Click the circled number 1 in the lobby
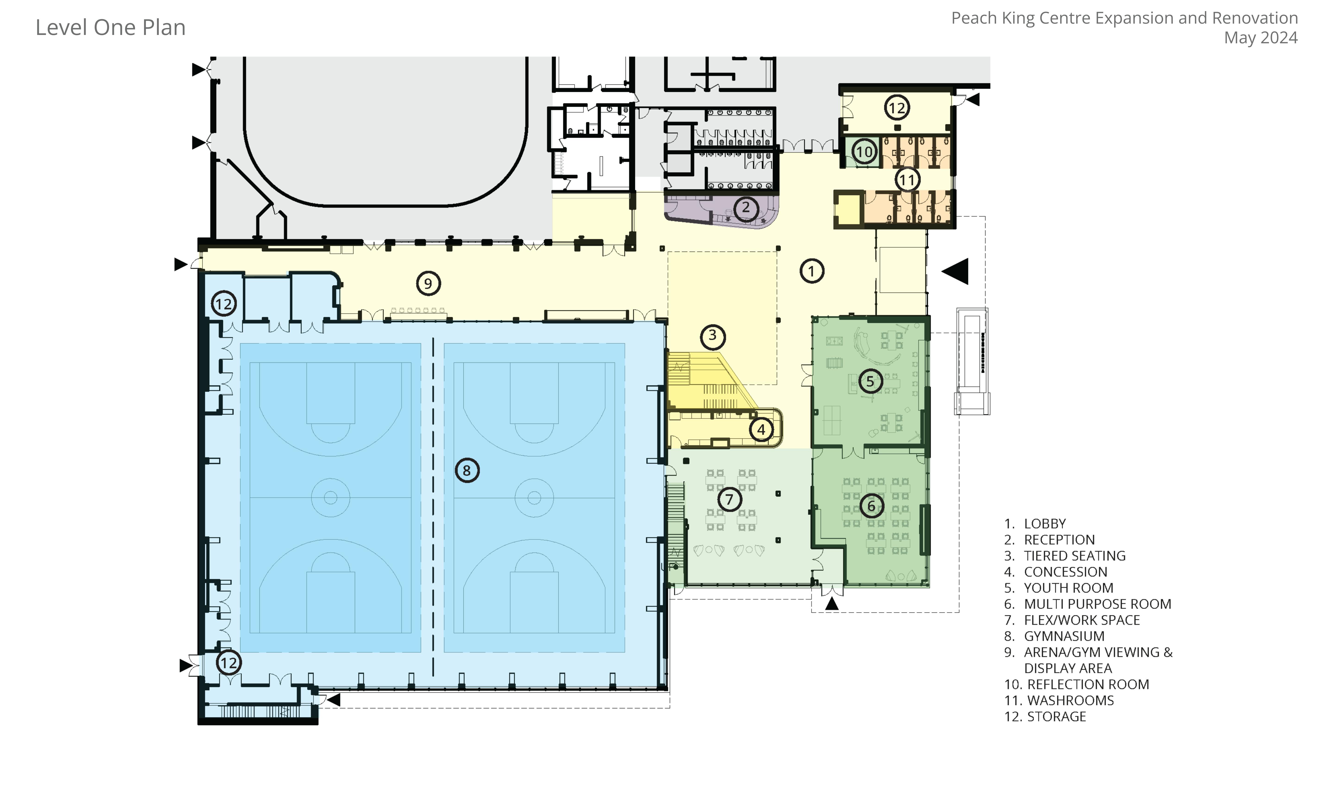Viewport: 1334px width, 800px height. tap(812, 271)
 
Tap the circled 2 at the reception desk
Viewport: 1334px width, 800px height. tap(746, 208)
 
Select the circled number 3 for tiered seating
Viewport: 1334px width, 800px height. tap(712, 336)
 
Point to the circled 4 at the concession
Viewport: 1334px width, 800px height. tap(761, 430)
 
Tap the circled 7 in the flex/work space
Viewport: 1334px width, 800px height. tap(729, 499)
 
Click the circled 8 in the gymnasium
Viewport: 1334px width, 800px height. tap(467, 471)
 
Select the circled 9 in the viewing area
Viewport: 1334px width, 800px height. tap(428, 283)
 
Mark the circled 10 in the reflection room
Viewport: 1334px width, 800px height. tap(864, 152)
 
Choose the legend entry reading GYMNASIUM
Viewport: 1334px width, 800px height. tap(1064, 636)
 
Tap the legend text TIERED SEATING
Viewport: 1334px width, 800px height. tap(1075, 556)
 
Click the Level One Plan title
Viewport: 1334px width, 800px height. tap(110, 28)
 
